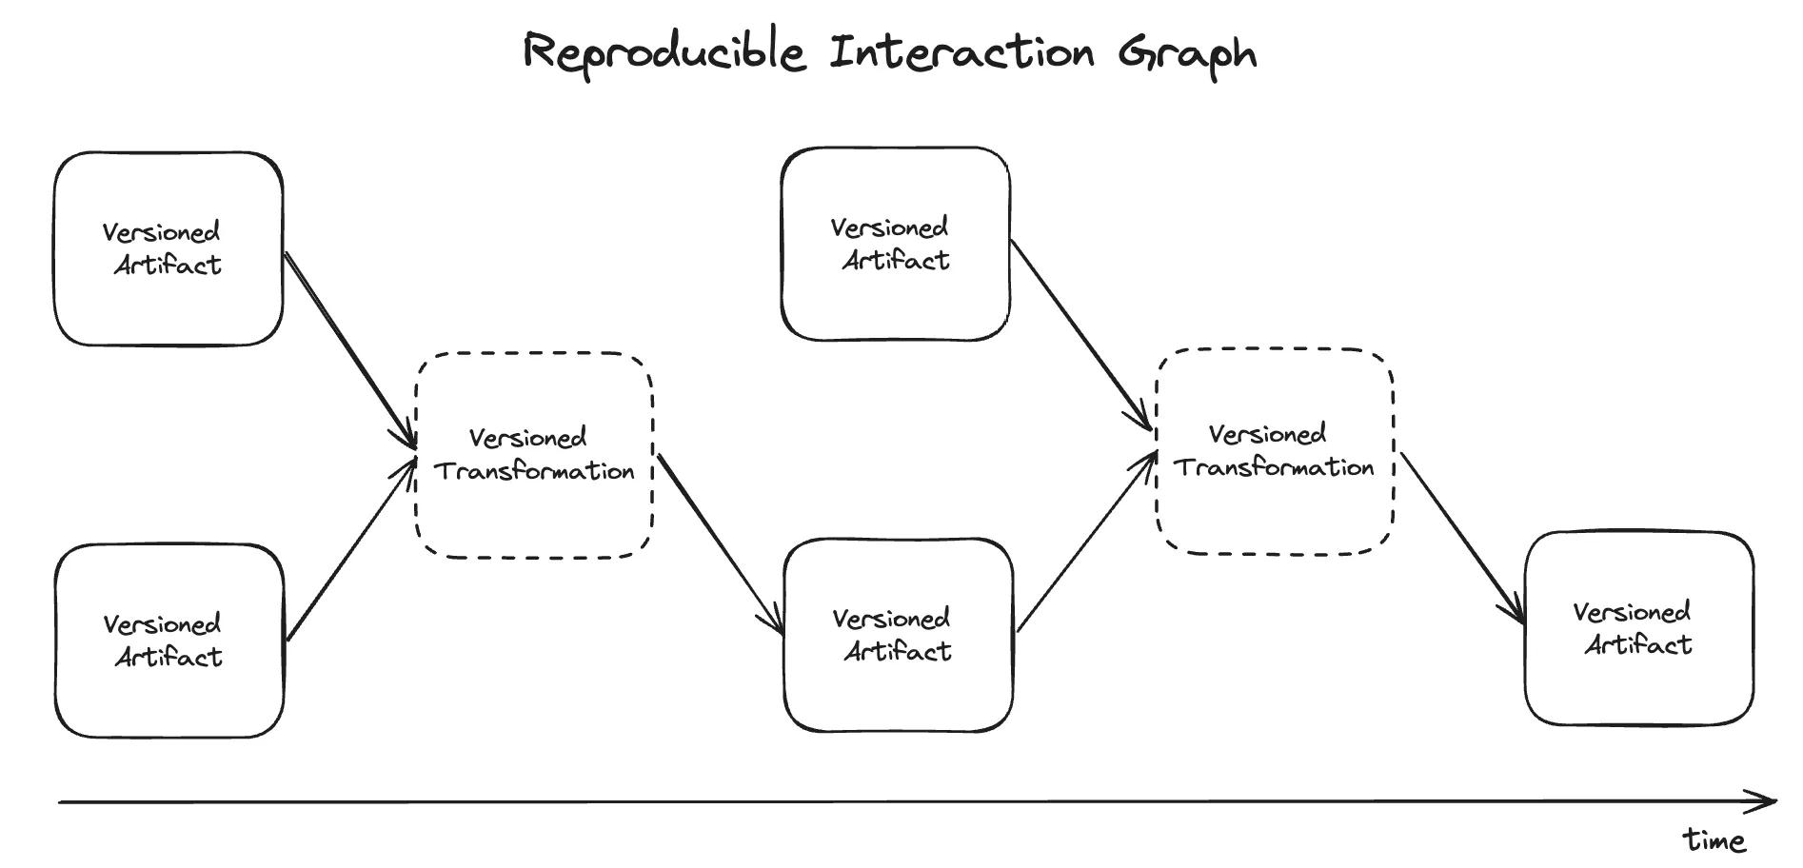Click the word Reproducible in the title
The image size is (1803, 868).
click(664, 52)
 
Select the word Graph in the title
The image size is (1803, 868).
click(1187, 54)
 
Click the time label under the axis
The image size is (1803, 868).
click(1714, 840)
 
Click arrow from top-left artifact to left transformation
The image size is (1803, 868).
click(350, 349)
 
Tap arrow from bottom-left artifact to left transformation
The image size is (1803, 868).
click(350, 550)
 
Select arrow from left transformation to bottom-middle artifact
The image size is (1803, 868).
click(720, 544)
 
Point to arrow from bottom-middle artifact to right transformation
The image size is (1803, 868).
click(1085, 542)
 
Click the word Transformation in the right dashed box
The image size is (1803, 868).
click(1274, 467)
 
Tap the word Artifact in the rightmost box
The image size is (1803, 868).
click(1638, 645)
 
